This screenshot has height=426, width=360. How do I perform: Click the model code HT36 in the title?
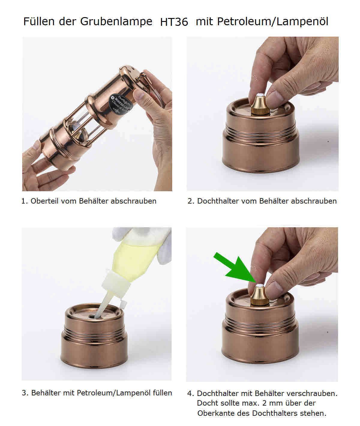(x=174, y=22)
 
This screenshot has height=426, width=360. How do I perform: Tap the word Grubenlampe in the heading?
(x=116, y=22)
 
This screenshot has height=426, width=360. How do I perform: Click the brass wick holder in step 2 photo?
(x=260, y=104)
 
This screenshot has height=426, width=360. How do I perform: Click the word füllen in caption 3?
(x=162, y=393)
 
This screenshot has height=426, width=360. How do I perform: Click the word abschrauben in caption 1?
(x=133, y=201)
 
